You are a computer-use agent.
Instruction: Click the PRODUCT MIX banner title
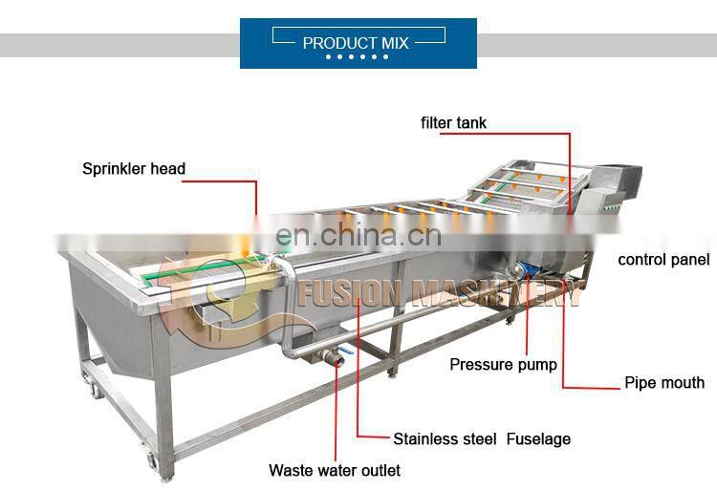[x=356, y=43]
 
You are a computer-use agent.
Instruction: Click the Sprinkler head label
[x=133, y=169]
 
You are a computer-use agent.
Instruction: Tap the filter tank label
[x=453, y=122]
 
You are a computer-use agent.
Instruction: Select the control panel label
[x=663, y=260]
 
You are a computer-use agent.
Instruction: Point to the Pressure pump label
[x=503, y=364]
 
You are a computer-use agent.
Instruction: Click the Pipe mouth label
[x=664, y=383]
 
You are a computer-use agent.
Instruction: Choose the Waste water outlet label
[x=334, y=470]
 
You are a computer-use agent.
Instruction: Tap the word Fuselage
[x=539, y=439]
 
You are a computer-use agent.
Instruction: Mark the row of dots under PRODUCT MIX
[x=357, y=56]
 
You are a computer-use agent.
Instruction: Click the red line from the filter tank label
[x=571, y=172]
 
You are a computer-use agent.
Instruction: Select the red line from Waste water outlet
[x=335, y=411]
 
